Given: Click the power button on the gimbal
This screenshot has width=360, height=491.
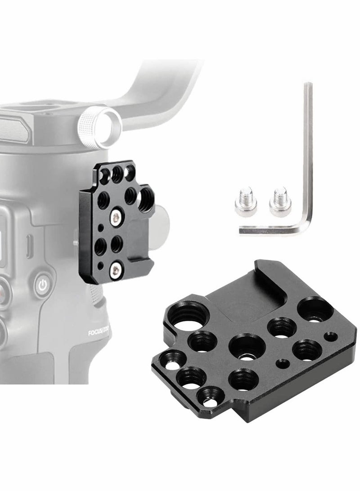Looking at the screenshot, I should (42, 285).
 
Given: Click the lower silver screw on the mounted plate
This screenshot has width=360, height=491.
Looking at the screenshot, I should (117, 270).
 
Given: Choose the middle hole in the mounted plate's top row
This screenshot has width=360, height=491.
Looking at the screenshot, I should (118, 173).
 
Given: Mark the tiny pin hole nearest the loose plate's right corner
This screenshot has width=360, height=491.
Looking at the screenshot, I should (332, 335).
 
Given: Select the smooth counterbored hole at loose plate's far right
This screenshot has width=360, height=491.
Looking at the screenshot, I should (317, 309).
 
